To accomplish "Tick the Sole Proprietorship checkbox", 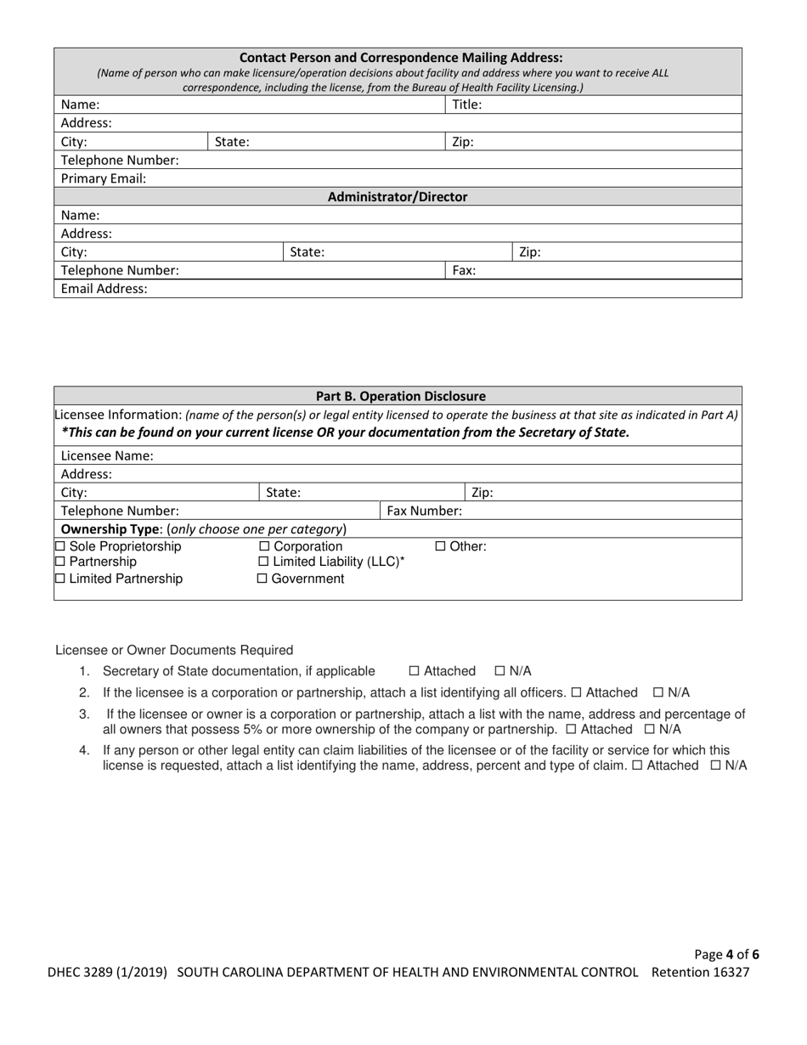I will [59, 546].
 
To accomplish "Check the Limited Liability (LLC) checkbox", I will [262, 562].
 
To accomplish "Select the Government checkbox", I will [262, 579].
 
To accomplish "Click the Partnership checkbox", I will [59, 562].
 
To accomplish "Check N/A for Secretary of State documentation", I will [499, 670].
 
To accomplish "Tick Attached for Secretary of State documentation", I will [414, 670].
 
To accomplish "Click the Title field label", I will [466, 104].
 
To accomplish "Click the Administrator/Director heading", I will [398, 197].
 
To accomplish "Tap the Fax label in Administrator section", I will [463, 270].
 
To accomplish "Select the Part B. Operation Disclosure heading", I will [401, 396].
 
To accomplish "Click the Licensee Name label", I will [107, 455].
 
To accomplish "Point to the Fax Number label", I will [424, 511].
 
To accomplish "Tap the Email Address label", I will [104, 289].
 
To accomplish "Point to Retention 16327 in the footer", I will [700, 972].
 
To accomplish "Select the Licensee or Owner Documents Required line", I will [174, 650].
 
